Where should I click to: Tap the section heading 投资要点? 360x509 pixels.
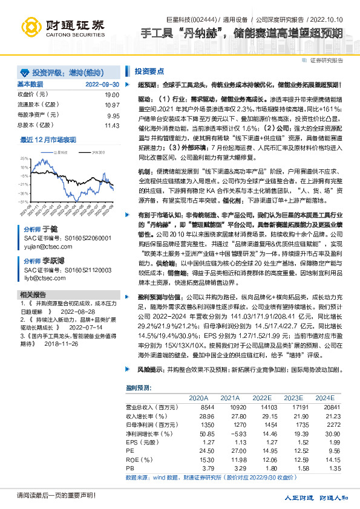pyautogui.click(x=149, y=71)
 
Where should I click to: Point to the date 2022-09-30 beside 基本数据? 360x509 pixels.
pyautogui.click(x=102, y=84)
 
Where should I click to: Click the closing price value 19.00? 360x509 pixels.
pyautogui.click(x=112, y=95)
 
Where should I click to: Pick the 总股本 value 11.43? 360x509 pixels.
pyautogui.click(x=112, y=125)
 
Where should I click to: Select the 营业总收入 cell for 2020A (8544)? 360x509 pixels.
pyautogui.click(x=199, y=408)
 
